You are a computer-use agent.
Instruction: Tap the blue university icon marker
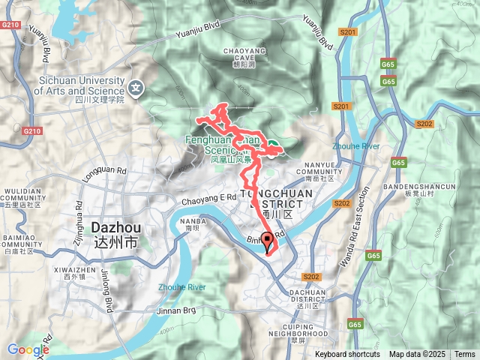point(135,87)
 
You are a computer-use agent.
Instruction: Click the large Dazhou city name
point(113,231)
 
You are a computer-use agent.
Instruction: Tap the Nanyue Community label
point(324,175)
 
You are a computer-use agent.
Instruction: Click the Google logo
point(28,349)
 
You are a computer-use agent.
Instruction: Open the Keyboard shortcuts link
point(346,354)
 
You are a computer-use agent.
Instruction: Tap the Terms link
point(464,354)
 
